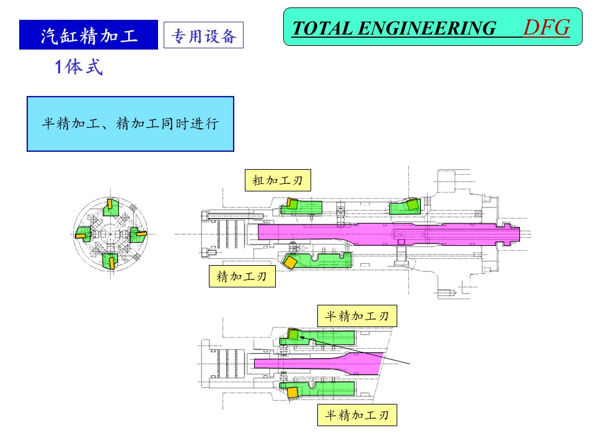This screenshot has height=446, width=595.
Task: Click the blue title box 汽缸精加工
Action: pyautogui.click(x=88, y=35)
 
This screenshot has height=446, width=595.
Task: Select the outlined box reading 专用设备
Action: pyautogui.click(x=203, y=36)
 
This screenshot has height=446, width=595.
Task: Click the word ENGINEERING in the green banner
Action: pyautogui.click(x=428, y=28)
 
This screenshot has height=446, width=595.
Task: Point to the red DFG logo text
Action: pyautogui.click(x=546, y=27)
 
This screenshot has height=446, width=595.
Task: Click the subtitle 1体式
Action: pyautogui.click(x=79, y=68)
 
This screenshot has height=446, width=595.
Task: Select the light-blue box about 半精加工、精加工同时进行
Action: pyautogui.click(x=130, y=124)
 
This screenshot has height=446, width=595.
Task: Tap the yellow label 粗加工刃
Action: pyautogui.click(x=277, y=180)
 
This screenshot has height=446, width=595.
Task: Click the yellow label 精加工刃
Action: pyautogui.click(x=241, y=276)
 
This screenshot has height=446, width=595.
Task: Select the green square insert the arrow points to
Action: pyautogui.click(x=293, y=334)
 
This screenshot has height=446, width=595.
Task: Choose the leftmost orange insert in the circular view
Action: pyautogui.click(x=81, y=234)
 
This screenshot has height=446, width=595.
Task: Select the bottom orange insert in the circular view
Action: pyautogui.click(x=112, y=263)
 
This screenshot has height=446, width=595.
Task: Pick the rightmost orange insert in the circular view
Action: pyautogui.click(x=141, y=234)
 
